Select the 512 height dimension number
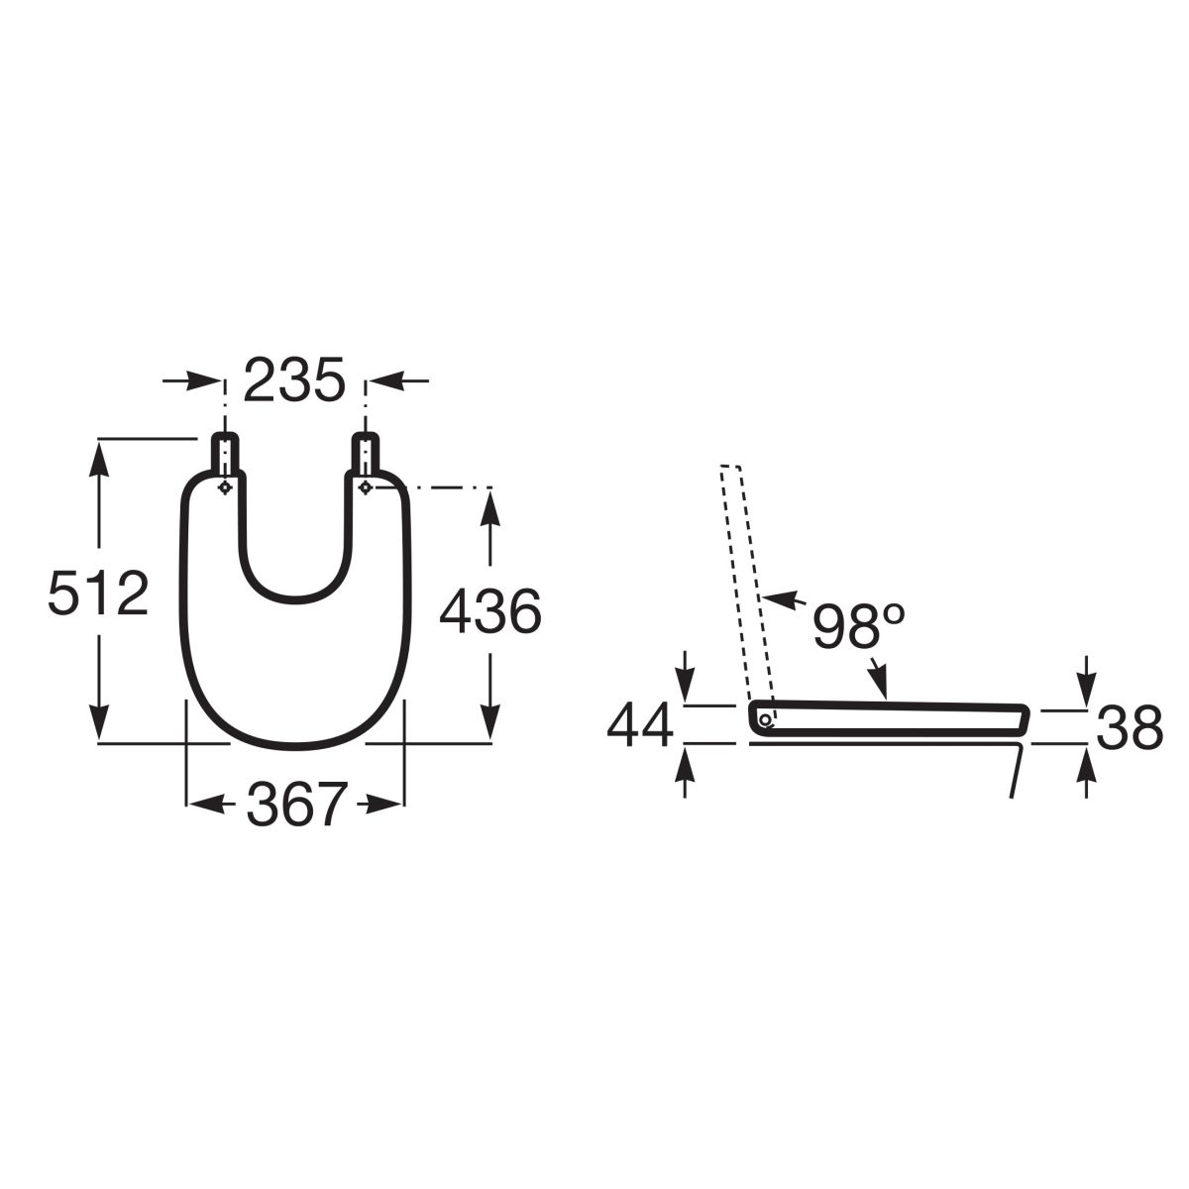pos(99,593)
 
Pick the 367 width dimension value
pos(297,804)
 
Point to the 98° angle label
pos(859,625)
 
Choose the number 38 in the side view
pos(1130,727)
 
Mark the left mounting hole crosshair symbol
pos(225,487)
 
